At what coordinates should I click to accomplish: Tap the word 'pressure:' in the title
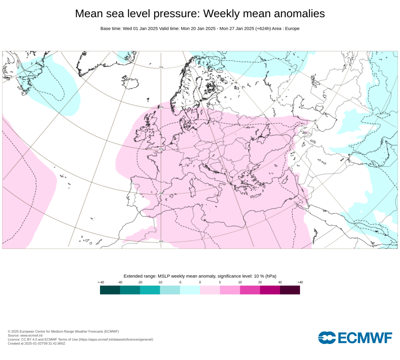[175, 14]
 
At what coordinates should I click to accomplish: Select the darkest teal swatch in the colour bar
[110, 290]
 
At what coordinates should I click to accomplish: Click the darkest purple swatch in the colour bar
[290, 290]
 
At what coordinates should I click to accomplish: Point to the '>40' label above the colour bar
[300, 282]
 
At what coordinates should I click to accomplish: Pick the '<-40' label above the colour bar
[100, 282]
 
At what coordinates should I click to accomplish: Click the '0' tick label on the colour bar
[200, 282]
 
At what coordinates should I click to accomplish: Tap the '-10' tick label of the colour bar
[160, 282]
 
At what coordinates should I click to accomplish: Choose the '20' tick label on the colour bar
[260, 282]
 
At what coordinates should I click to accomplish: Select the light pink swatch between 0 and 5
[210, 290]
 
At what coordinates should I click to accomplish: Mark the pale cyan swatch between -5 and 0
[190, 290]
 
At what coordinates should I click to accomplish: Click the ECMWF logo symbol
[326, 337]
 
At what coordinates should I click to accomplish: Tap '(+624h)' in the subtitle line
[264, 29]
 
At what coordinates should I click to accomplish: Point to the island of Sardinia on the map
[192, 191]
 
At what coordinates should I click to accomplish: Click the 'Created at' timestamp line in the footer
[36, 344]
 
